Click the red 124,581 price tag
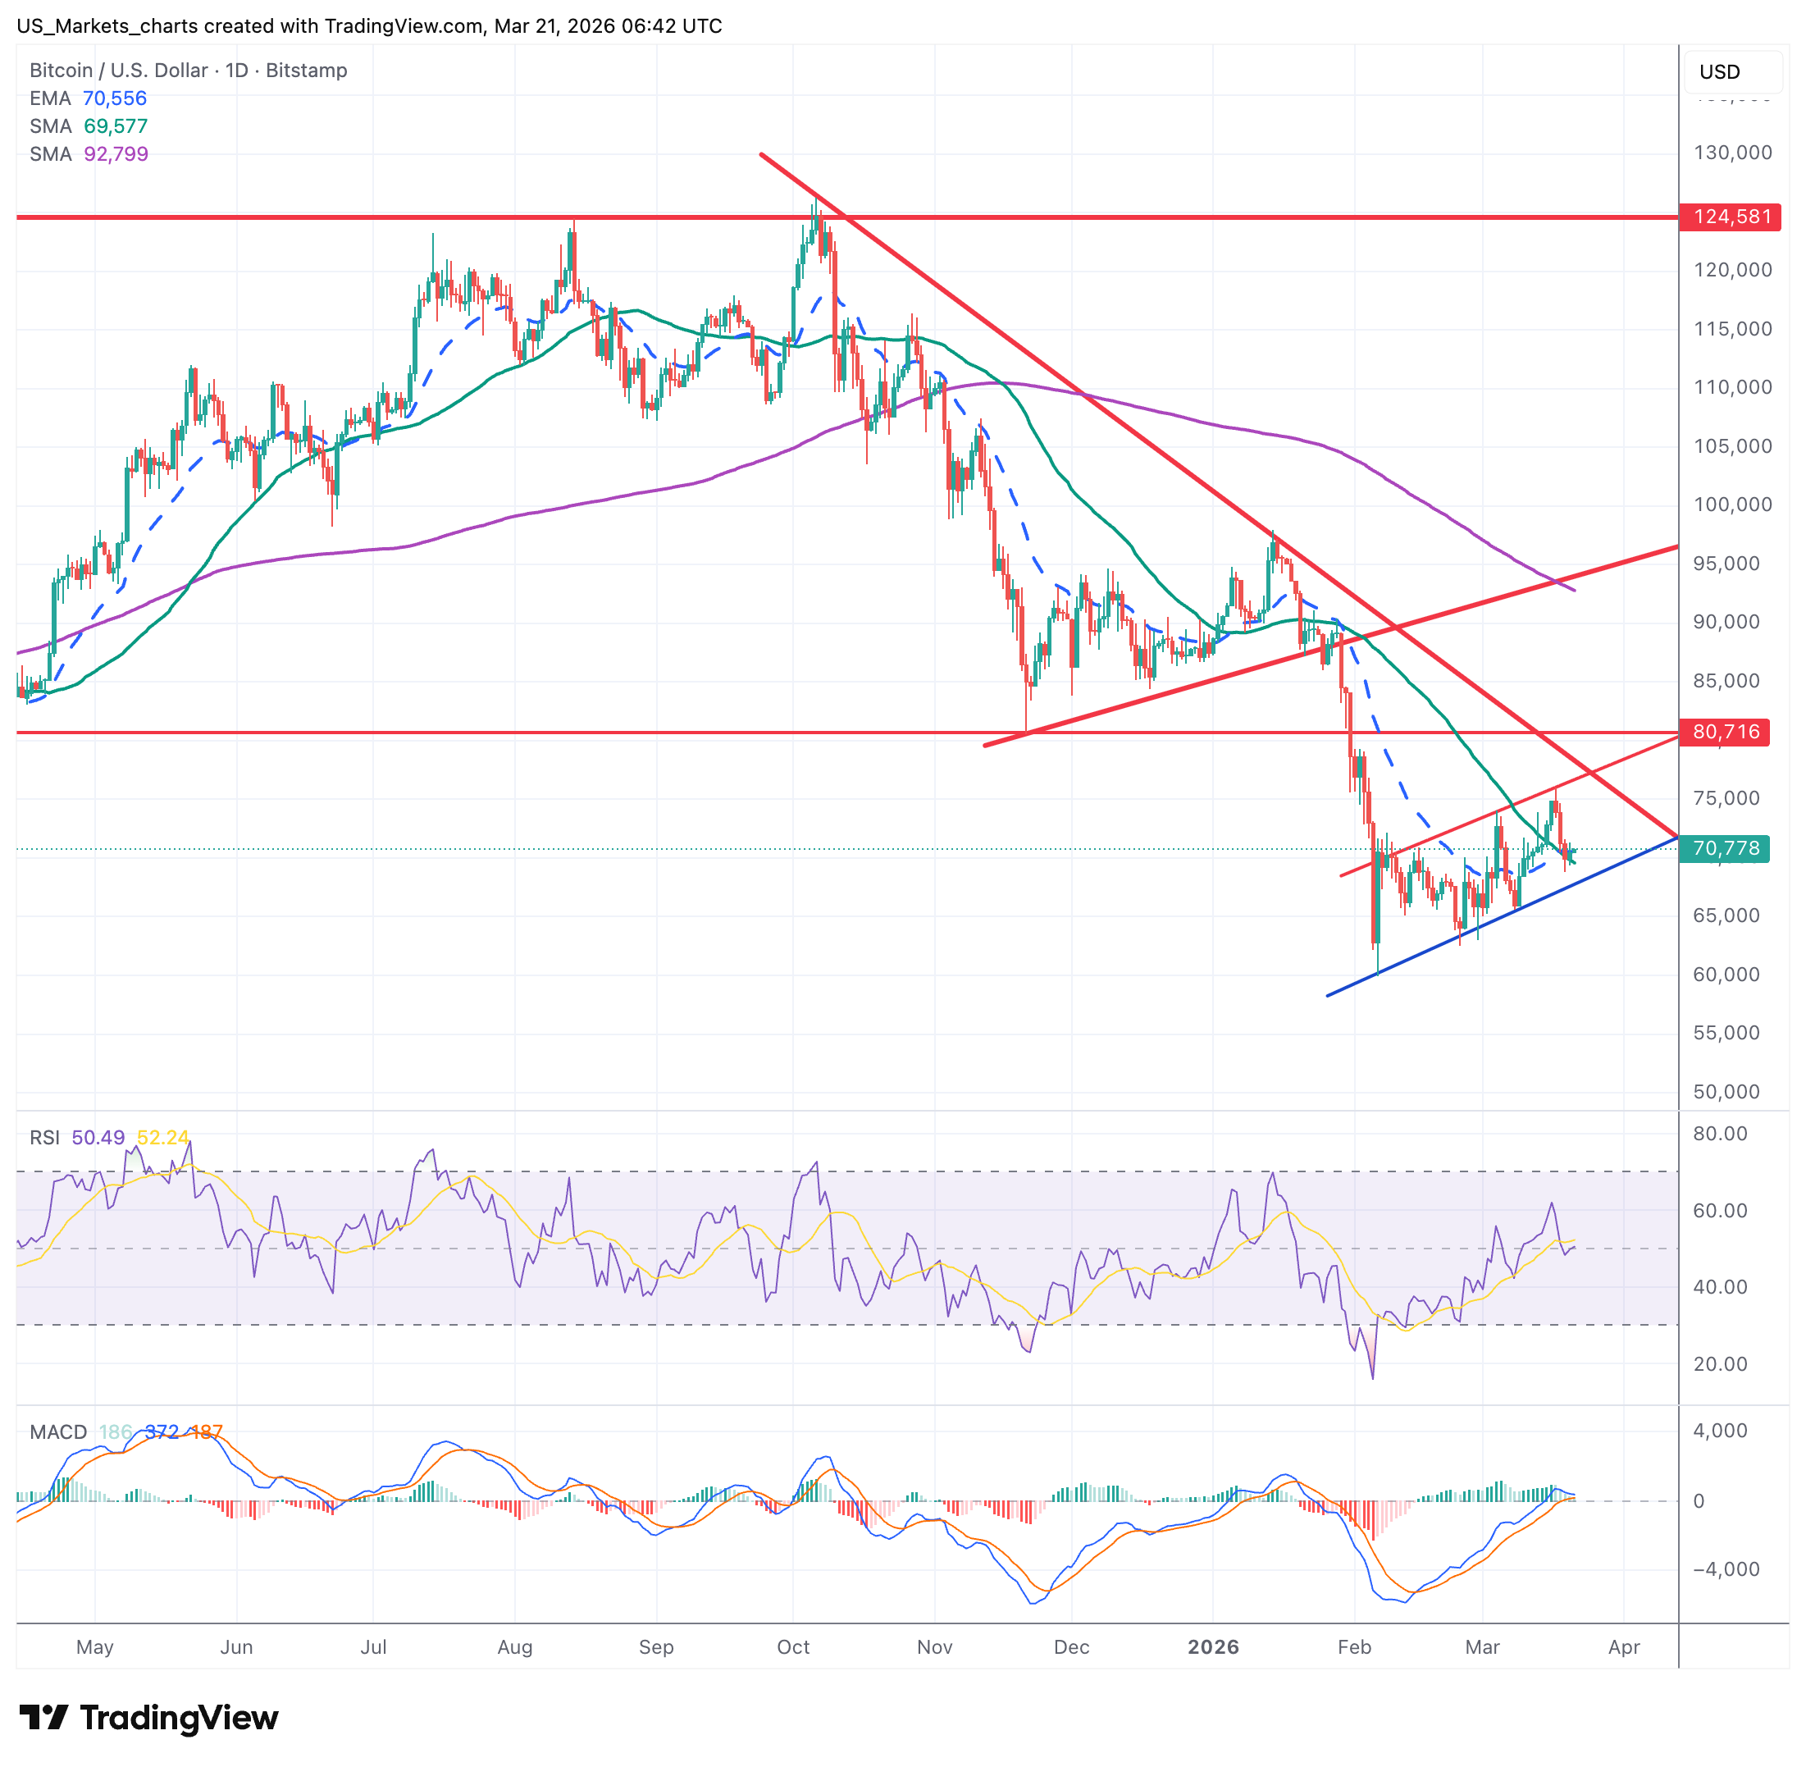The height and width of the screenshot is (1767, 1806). (1731, 217)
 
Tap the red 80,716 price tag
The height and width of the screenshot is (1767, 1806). (1726, 733)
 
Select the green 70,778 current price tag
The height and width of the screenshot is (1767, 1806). (1726, 848)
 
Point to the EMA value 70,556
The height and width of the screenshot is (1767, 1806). (114, 98)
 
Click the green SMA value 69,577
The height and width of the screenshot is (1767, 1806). (115, 126)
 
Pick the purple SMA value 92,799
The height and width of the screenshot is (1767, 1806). (116, 154)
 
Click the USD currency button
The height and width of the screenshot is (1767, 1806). (1719, 72)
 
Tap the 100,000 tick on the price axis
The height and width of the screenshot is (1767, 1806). (1731, 505)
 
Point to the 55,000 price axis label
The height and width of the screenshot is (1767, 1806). (1726, 1033)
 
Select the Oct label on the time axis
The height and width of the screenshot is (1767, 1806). (792, 1647)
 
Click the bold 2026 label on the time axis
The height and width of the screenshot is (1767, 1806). (1213, 1647)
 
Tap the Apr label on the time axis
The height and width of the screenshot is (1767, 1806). (1623, 1647)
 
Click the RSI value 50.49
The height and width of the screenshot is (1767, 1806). (98, 1138)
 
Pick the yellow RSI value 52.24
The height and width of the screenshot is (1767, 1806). (162, 1138)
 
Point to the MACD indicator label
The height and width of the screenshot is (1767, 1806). (57, 1432)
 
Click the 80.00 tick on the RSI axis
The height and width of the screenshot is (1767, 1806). (1720, 1134)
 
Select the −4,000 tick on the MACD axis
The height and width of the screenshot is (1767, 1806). (1726, 1569)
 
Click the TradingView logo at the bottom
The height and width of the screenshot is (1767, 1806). (148, 1718)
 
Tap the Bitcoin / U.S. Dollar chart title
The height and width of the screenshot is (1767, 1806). (119, 71)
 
